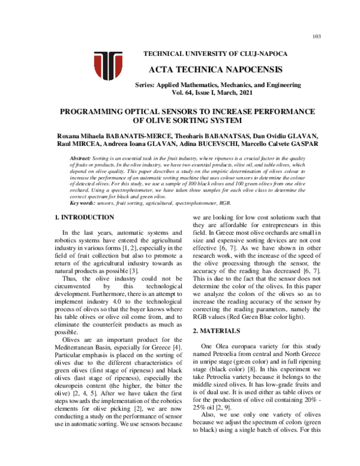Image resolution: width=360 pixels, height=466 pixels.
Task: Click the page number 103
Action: pos(317,37)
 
